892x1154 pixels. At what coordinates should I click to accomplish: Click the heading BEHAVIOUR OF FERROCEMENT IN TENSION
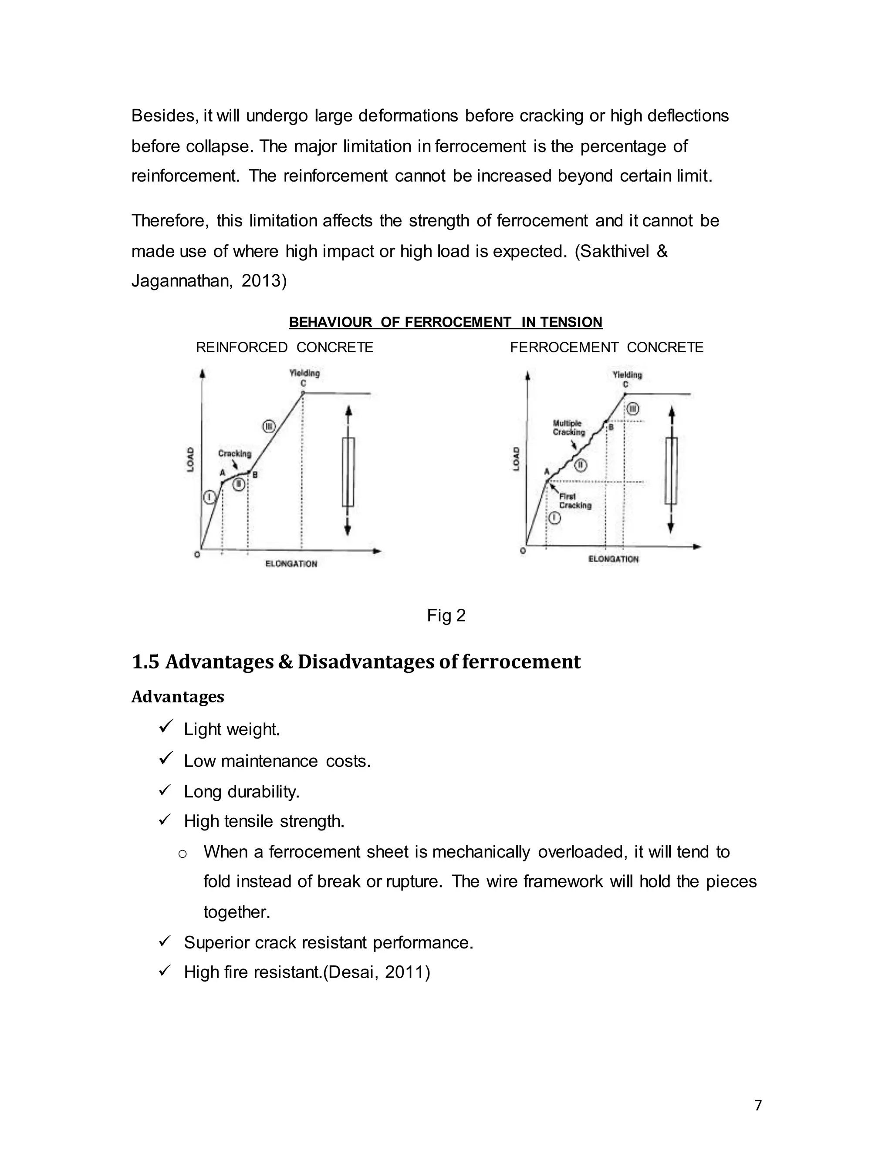[x=446, y=322]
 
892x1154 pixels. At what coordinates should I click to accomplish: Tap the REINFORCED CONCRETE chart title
[x=284, y=348]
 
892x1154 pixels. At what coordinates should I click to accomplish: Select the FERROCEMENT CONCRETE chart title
[x=607, y=348]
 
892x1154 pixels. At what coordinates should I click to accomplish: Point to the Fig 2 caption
[x=446, y=616]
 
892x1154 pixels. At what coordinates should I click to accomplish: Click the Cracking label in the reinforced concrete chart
[x=235, y=453]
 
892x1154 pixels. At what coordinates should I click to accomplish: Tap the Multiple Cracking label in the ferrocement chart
[x=568, y=428]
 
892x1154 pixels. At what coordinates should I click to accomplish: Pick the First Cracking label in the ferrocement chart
[x=575, y=501]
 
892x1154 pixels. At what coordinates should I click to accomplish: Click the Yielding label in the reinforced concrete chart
[x=304, y=373]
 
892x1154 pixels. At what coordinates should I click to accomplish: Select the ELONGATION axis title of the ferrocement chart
[x=613, y=559]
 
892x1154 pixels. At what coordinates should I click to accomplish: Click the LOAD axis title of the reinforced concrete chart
[x=190, y=460]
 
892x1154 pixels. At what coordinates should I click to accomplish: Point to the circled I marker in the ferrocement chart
[x=554, y=518]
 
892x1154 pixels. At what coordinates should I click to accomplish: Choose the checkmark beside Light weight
[x=166, y=728]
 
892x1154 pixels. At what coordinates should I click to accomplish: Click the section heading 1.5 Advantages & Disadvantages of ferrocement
[x=356, y=662]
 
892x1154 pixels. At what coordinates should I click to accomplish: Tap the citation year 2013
[x=264, y=281]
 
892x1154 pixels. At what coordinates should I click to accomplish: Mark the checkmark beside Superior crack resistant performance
[x=166, y=941]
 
